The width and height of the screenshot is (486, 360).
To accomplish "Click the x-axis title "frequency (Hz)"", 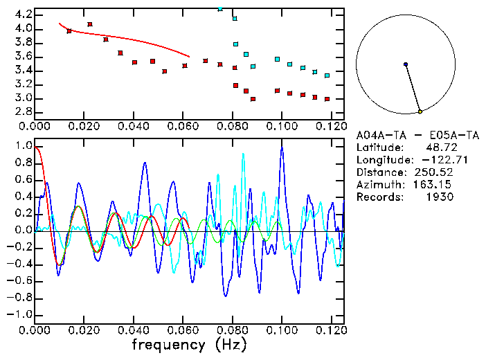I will click(x=189, y=345).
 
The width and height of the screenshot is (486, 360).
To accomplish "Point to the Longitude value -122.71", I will click(x=435, y=159).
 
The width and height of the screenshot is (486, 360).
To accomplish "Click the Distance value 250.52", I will click(x=434, y=172).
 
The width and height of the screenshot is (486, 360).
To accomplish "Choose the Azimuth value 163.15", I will click(x=434, y=184).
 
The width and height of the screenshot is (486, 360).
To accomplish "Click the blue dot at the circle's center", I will click(x=406, y=64).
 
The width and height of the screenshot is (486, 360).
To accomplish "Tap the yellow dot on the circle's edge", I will click(x=420, y=111).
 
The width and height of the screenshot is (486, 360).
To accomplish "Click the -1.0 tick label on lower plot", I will click(x=19, y=314).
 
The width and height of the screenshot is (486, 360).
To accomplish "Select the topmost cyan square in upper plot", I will click(x=220, y=8).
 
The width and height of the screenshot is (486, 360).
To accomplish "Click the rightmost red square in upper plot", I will click(x=327, y=99).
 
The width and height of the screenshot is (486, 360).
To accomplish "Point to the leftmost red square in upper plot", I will click(x=69, y=31).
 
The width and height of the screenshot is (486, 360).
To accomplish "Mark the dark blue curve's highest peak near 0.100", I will click(x=282, y=147).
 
